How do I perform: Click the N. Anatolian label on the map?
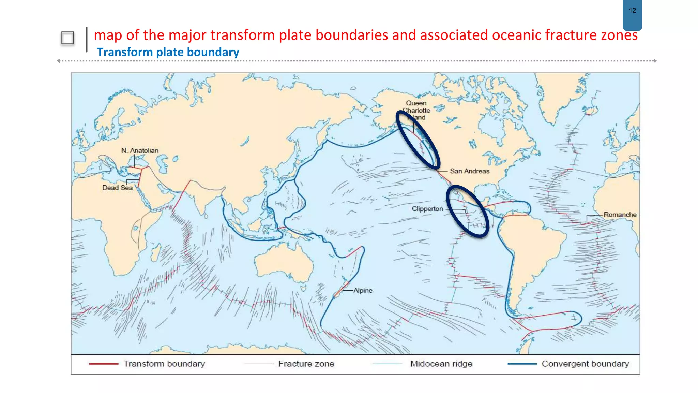(140, 150)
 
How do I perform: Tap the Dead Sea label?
(117, 188)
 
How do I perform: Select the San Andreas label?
(469, 171)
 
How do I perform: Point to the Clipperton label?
(427, 209)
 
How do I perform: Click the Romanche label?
(620, 215)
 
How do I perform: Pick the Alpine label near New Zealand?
(363, 290)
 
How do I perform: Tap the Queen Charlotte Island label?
(416, 110)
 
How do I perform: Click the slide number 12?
(632, 11)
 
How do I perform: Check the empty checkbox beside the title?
(67, 38)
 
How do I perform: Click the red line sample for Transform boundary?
(103, 364)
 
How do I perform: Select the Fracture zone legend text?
(306, 364)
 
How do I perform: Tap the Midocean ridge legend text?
(441, 364)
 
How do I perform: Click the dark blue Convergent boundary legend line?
(522, 364)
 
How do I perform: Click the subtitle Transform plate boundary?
(168, 52)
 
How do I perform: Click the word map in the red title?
(108, 35)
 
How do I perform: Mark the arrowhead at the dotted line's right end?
(655, 61)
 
